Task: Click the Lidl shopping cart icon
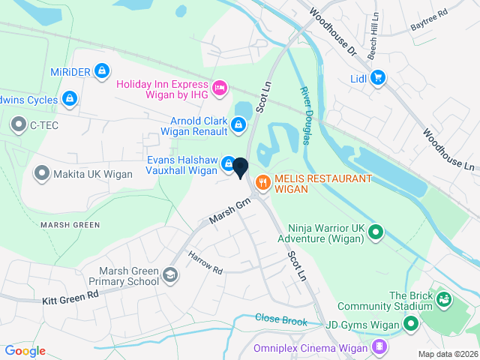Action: [x=378, y=76]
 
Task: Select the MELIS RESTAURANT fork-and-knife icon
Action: [x=262, y=181]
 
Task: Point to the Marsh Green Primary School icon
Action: [x=170, y=276]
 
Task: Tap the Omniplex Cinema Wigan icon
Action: [x=379, y=346]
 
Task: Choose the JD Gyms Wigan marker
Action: [x=410, y=324]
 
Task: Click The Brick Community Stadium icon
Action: [x=443, y=300]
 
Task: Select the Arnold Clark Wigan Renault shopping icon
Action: [x=238, y=125]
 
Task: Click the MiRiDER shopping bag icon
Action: [x=102, y=71]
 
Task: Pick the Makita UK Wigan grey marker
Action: [x=42, y=174]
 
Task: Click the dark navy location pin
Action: [x=240, y=168]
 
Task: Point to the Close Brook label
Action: [x=281, y=319]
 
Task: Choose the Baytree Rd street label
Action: [x=429, y=22]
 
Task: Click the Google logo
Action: [x=25, y=350]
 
